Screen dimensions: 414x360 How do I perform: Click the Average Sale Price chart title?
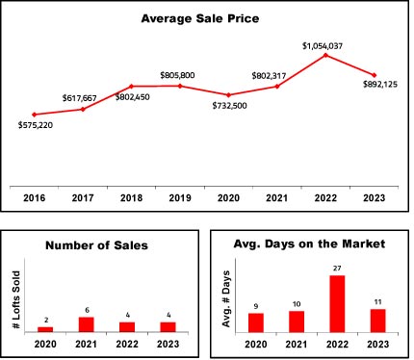tap(200, 18)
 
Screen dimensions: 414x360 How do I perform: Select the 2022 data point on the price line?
tap(325, 55)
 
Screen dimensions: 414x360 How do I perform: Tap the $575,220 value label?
tap(36, 125)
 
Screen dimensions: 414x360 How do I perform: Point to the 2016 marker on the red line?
tap(35, 115)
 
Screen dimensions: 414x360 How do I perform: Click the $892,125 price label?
tap(380, 85)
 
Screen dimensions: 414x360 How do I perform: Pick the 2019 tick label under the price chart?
tap(180, 198)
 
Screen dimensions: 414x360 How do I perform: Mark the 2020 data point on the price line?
tap(228, 95)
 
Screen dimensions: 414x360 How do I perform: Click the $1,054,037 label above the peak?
tap(323, 46)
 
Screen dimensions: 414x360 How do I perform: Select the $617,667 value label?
tap(80, 98)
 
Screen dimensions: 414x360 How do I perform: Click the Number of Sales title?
tap(96, 245)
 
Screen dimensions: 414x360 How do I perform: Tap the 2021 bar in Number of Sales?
tap(87, 324)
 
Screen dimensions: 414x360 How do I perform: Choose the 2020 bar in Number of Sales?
tap(45, 329)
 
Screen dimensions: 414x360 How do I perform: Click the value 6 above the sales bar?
tap(87, 310)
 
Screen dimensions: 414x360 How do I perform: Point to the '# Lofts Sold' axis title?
tap(16, 299)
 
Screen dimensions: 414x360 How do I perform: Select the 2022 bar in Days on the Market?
tap(337, 304)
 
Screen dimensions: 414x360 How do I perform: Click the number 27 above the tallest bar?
tap(337, 269)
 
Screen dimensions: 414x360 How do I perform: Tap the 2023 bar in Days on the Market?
tap(377, 321)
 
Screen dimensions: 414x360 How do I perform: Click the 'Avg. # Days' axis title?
tap(226, 299)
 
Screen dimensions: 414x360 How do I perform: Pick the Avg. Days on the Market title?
tap(309, 244)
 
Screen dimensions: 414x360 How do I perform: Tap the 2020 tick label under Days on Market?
tap(256, 345)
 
